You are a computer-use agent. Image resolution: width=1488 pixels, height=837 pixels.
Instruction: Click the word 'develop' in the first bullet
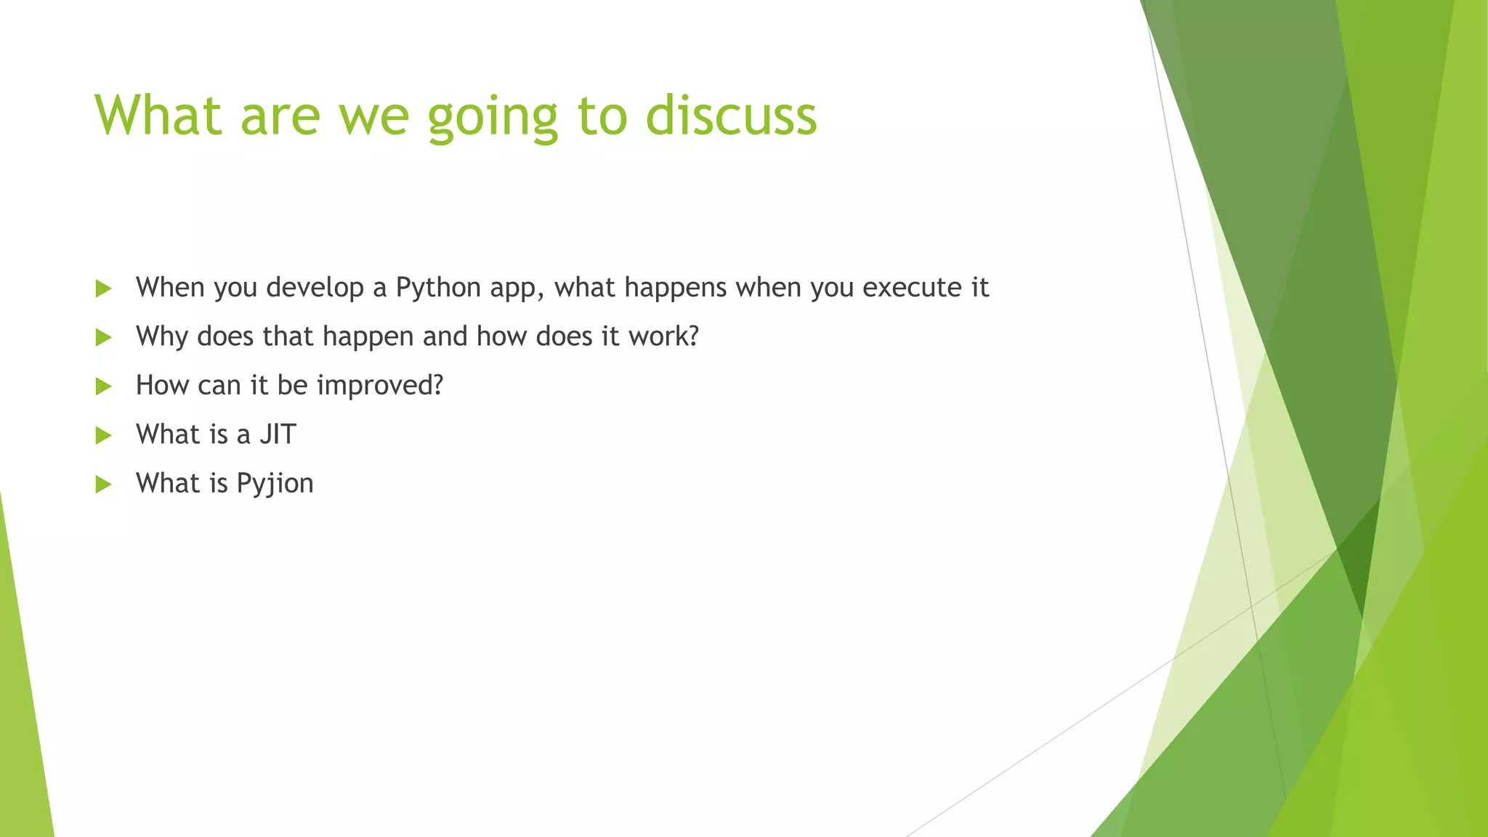pos(315,288)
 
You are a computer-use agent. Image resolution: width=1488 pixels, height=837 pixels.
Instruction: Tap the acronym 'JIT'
pos(278,434)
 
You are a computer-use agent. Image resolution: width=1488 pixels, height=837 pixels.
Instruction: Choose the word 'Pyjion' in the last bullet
pos(275,484)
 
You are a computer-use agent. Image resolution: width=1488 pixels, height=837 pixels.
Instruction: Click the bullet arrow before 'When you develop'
pos(103,288)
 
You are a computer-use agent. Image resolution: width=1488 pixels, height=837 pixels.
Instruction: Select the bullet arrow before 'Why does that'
pos(103,337)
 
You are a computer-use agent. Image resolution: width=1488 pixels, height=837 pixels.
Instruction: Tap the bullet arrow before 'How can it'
pos(103,386)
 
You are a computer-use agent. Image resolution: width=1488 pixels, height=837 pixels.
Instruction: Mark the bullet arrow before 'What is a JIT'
pos(103,435)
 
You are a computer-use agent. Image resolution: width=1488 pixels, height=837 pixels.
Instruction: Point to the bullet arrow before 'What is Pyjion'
pos(103,484)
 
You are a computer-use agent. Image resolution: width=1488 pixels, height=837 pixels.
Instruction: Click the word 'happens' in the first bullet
pos(675,288)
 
